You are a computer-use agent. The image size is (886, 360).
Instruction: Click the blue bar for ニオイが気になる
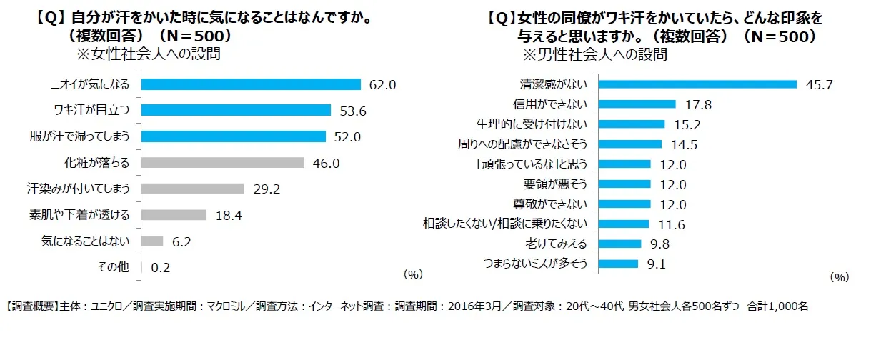coord(250,84)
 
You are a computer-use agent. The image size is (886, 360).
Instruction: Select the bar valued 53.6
coord(236,110)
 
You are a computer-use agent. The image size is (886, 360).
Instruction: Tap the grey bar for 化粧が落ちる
coord(222,163)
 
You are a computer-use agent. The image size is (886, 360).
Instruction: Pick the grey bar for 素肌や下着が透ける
coord(174,215)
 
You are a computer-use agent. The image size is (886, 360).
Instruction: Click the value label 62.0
coord(382,85)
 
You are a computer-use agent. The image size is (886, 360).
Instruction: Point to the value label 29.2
coord(267,189)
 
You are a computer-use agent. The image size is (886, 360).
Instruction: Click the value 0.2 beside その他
coord(161,268)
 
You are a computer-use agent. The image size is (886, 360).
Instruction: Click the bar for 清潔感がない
coord(697,84)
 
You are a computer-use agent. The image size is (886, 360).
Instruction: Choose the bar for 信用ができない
coord(636,104)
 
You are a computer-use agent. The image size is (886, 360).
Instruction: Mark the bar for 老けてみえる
coord(619,244)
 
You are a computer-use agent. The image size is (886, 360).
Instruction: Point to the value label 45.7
coord(819,85)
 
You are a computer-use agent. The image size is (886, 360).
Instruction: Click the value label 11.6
coord(671,224)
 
